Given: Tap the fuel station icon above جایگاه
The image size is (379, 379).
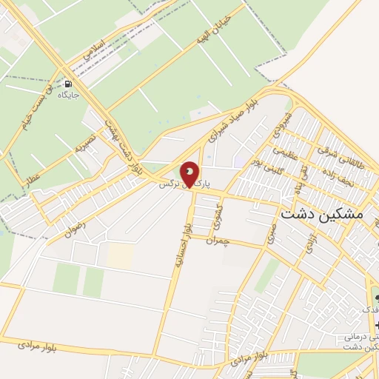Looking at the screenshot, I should [69, 84].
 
